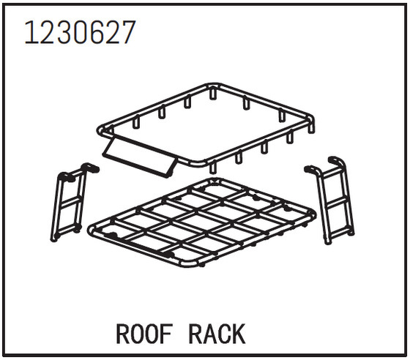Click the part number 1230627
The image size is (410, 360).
80,32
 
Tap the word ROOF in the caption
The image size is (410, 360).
144,334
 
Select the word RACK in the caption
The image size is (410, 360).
217,334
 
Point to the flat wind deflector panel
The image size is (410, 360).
140,157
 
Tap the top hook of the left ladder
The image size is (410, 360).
90,168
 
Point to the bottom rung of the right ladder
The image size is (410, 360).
340,231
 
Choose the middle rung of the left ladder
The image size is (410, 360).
70,201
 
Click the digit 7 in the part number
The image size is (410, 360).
127,33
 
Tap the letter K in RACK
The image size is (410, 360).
238,334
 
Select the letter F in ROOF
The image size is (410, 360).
168,334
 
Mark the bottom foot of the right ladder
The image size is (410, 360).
328,241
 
